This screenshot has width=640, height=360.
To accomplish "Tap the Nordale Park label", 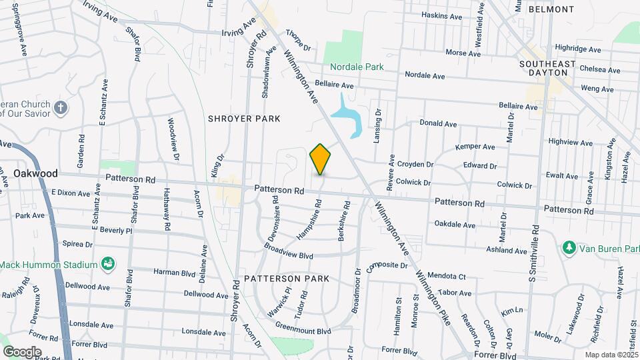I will point(356,67).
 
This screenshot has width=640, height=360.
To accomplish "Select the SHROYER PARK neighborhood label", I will point(243,118).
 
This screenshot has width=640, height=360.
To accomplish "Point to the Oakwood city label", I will point(35,173).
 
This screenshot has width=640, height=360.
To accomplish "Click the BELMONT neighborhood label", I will point(551,9).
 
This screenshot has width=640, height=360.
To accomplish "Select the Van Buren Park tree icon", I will point(569,249).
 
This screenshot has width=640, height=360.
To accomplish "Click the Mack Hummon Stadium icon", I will point(107,265).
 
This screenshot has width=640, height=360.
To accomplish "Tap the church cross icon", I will point(61,108).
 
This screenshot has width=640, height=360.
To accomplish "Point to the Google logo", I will point(21,351).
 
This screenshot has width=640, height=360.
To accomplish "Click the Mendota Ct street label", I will point(446,275).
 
